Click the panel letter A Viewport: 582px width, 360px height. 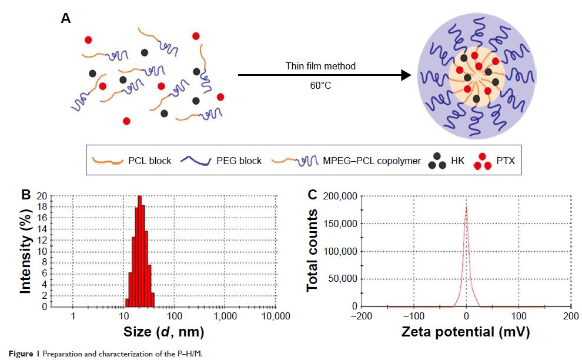tap(66, 18)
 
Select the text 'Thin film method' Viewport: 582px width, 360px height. tap(325, 66)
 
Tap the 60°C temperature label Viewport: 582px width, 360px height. tap(325, 85)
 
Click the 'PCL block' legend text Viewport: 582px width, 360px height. tap(149, 160)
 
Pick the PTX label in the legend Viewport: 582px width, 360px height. tap(505, 160)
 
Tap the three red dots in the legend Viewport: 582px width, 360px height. tap(482, 160)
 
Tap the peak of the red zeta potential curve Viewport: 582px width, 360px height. tap(466, 207)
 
